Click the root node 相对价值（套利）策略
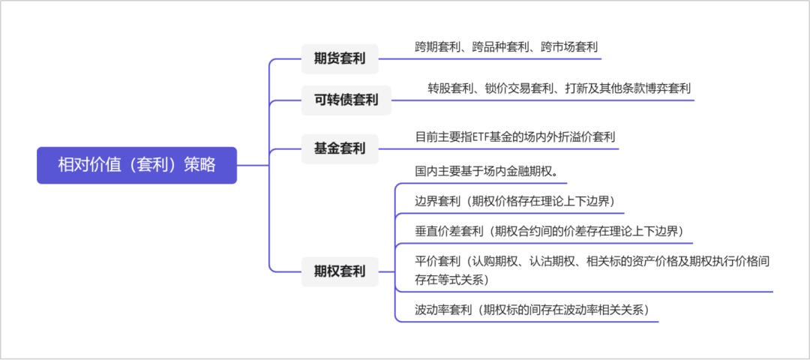137,165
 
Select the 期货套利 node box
340,59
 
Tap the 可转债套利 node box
346,100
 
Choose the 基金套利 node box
340,148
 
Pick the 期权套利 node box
340,271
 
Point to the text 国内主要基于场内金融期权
484,171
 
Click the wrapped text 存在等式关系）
452,280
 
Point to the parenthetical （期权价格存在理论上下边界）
537,202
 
